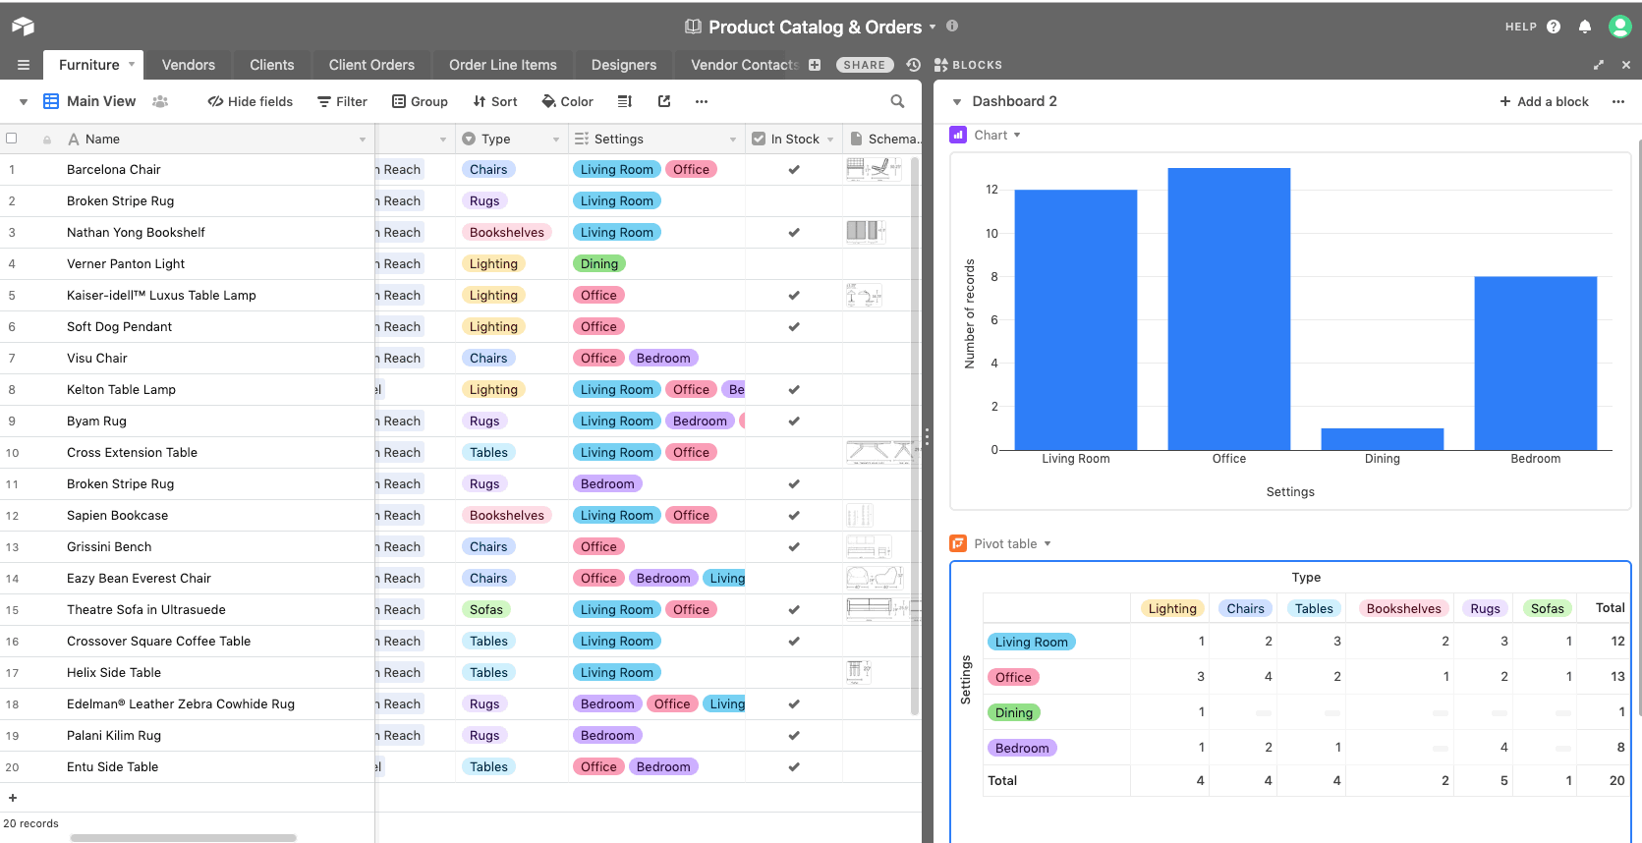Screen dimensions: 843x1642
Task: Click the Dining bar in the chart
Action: click(x=1382, y=439)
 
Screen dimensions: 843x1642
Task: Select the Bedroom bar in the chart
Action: click(x=1535, y=363)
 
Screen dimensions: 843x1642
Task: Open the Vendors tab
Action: click(x=188, y=65)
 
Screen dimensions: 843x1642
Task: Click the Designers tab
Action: click(x=623, y=65)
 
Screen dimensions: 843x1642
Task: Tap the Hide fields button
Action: click(x=250, y=101)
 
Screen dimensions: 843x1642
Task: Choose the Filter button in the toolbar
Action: click(x=342, y=101)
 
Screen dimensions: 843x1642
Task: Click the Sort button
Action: click(x=495, y=101)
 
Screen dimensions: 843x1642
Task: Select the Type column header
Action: click(x=496, y=139)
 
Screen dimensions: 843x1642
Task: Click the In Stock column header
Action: click(x=794, y=139)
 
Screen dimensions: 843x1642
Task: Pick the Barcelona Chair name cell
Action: click(x=114, y=169)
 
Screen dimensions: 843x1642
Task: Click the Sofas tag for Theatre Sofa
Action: click(x=485, y=609)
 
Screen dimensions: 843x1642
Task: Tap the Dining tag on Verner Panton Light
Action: click(x=598, y=263)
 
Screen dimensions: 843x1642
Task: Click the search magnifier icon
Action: click(x=897, y=101)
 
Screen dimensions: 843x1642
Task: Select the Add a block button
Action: click(x=1544, y=101)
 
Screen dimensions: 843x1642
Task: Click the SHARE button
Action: click(x=864, y=65)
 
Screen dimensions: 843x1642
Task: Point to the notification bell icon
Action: click(x=1584, y=27)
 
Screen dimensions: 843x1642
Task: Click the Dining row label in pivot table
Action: click(x=1013, y=712)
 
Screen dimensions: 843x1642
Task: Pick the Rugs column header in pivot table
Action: click(x=1485, y=608)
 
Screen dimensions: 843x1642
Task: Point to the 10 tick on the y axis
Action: click(x=991, y=233)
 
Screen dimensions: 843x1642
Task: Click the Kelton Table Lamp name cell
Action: click(x=121, y=389)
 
